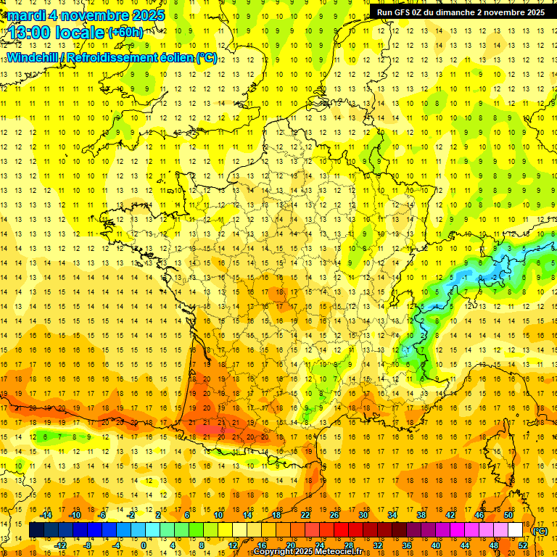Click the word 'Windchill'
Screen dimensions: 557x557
[x=33, y=57]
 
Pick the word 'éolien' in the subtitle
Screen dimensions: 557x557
[x=170, y=57]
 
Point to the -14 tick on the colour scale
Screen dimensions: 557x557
[x=46, y=515]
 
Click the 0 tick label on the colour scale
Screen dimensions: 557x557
[x=143, y=545]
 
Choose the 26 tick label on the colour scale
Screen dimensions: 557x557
[x=334, y=515]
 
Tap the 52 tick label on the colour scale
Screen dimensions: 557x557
[x=522, y=545]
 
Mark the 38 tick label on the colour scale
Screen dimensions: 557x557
[x=421, y=515]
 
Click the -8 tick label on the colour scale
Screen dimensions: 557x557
[x=88, y=545]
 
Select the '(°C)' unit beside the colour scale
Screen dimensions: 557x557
[x=540, y=531]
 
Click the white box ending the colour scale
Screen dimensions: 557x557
[x=515, y=530]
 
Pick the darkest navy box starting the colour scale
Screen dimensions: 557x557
[x=36, y=530]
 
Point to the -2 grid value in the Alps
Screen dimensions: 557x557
[x=495, y=277]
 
